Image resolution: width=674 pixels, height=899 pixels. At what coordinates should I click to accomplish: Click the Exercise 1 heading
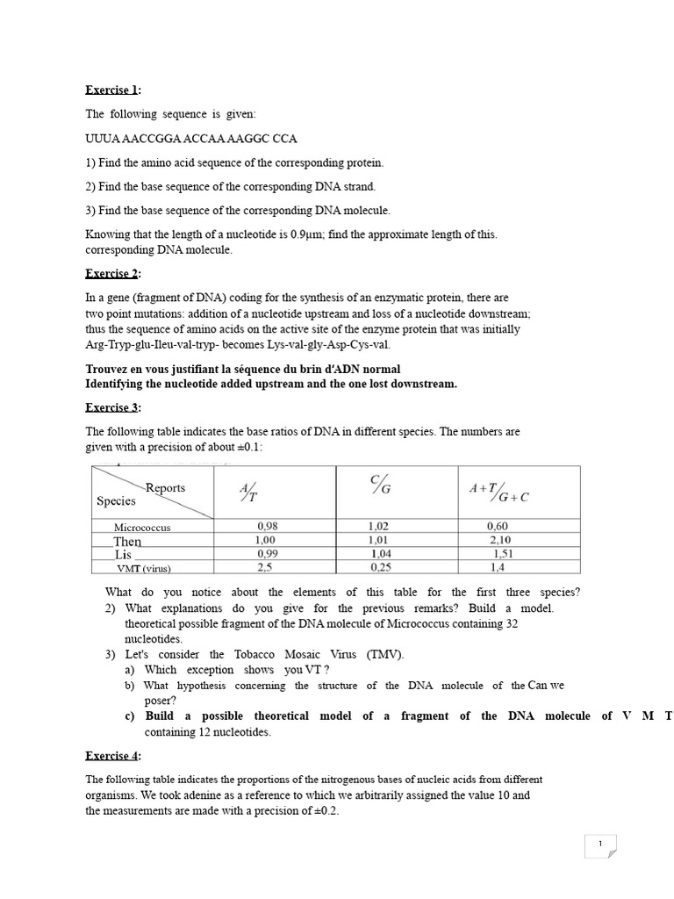pyautogui.click(x=112, y=90)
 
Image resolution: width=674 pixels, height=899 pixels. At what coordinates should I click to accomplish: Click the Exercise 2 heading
pyautogui.click(x=112, y=274)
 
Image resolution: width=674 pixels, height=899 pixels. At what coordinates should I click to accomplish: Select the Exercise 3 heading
pyautogui.click(x=112, y=407)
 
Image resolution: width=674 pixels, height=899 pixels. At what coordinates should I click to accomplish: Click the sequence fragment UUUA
pyautogui.click(x=101, y=139)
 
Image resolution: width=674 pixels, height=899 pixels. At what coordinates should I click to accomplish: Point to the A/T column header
pyautogui.click(x=248, y=493)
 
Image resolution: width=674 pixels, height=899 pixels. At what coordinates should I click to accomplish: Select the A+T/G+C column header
pyautogui.click(x=498, y=493)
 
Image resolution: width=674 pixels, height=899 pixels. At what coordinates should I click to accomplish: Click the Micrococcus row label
pyautogui.click(x=142, y=528)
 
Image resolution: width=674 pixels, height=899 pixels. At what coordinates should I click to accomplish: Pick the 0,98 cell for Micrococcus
pyautogui.click(x=267, y=527)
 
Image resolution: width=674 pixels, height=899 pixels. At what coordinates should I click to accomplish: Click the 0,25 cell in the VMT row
pyautogui.click(x=381, y=568)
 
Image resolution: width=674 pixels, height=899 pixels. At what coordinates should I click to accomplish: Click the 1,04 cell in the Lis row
pyautogui.click(x=382, y=554)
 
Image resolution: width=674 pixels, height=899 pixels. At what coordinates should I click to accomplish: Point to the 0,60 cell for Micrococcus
pyautogui.click(x=498, y=527)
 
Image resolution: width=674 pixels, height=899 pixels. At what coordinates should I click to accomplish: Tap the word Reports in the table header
pyautogui.click(x=165, y=487)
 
